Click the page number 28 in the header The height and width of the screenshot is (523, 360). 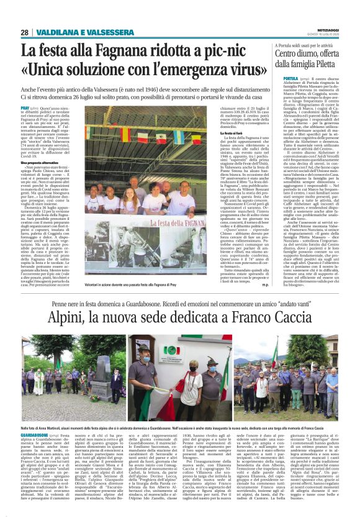point(25,32)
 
